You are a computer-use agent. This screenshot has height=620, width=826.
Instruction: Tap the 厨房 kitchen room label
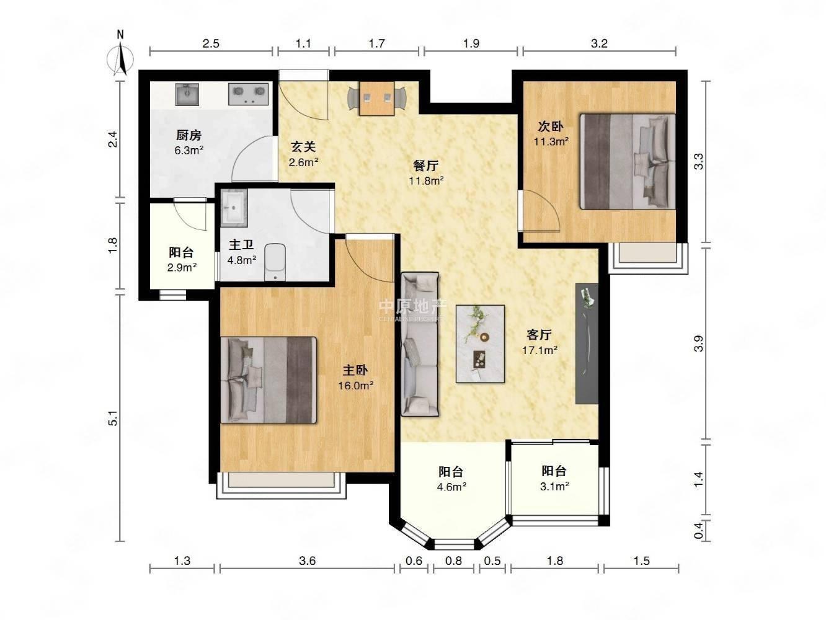pyautogui.click(x=189, y=135)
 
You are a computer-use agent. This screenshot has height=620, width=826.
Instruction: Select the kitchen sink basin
pyautogui.click(x=187, y=94)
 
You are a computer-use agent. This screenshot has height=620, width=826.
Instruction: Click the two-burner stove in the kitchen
pyautogui.click(x=249, y=94)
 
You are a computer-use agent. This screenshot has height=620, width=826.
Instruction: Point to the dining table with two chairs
pyautogui.click(x=376, y=98)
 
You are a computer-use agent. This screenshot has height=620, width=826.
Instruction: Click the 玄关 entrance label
pyautogui.click(x=303, y=147)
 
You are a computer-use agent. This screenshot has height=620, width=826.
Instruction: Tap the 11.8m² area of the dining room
pyautogui.click(x=427, y=181)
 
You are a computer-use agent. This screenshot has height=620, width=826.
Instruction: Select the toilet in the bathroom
pyautogui.click(x=275, y=262)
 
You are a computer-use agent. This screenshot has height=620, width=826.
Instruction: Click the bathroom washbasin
pyautogui.click(x=234, y=208)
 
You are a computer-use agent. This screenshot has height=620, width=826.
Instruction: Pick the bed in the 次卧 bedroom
pyautogui.click(x=628, y=162)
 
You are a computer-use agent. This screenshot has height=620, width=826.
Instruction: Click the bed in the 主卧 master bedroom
pyautogui.click(x=269, y=380)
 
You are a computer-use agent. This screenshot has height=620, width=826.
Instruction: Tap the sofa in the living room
pyautogui.click(x=420, y=344)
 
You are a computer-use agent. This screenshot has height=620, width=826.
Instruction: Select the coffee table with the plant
pyautogui.click(x=480, y=344)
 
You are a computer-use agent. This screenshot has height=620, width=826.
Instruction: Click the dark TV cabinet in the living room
pyautogui.click(x=587, y=344)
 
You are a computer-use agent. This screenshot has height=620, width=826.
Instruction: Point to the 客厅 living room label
pyautogui.click(x=540, y=334)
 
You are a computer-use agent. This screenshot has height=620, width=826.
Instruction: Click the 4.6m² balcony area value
pyautogui.click(x=451, y=487)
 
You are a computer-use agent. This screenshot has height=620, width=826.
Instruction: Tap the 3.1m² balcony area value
pyautogui.click(x=554, y=487)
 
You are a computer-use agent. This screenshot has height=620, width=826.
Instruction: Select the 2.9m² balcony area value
pyautogui.click(x=182, y=267)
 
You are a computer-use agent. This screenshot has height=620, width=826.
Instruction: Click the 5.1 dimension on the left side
pyautogui.click(x=113, y=418)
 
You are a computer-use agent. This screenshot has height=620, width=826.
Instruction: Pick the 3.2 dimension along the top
pyautogui.click(x=598, y=43)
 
